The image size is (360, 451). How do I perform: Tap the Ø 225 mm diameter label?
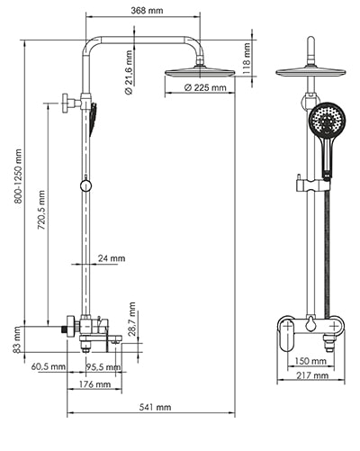[x=204, y=88]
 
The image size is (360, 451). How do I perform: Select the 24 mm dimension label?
[x=112, y=257]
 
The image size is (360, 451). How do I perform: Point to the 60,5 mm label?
[x=48, y=366]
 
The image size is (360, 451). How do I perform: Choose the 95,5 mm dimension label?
[x=104, y=366]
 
